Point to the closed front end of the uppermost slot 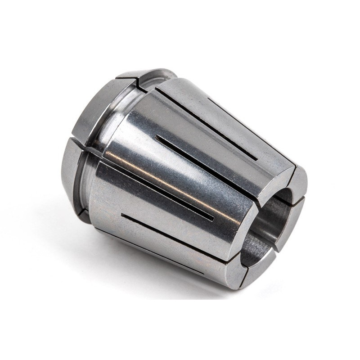pyautogui.click(x=259, y=160)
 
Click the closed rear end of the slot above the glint pyautogui.click(x=155, y=135)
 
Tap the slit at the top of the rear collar pyautogui.click(x=139, y=83)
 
